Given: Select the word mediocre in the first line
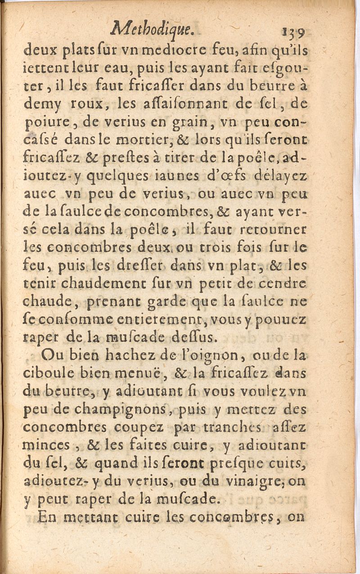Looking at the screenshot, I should click(179, 50).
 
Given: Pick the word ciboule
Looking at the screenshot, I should click(44, 373).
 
